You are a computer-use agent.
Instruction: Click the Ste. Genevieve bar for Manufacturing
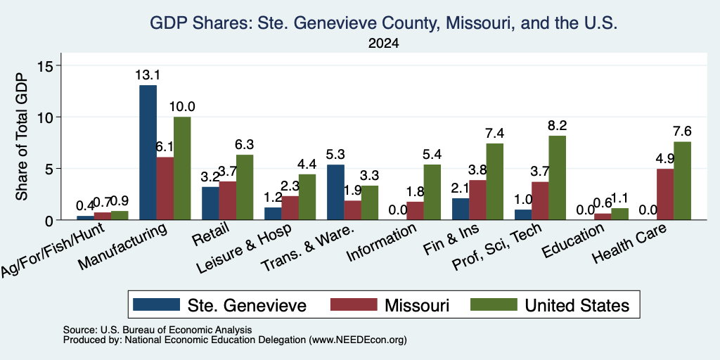coord(148,153)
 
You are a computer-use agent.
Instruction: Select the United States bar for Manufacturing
coord(182,168)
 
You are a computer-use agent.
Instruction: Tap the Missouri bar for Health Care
coord(665,194)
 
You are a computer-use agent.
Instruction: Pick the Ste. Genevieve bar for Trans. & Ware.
coord(335,192)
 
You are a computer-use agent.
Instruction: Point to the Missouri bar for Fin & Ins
coord(477,200)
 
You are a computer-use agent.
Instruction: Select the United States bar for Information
coord(432,192)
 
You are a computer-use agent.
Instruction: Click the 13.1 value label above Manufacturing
coord(148,75)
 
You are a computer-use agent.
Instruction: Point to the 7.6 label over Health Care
coord(682,131)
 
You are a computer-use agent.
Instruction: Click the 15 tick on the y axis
coord(48,65)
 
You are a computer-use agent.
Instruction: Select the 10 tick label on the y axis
coord(48,117)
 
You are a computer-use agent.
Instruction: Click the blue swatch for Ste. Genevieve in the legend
coord(156,304)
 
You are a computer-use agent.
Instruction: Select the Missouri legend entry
coord(390,305)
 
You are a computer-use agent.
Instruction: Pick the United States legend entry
coord(550,305)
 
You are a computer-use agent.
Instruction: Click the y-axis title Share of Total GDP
coord(22,136)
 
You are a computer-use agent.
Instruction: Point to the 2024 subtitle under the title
coord(383,44)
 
